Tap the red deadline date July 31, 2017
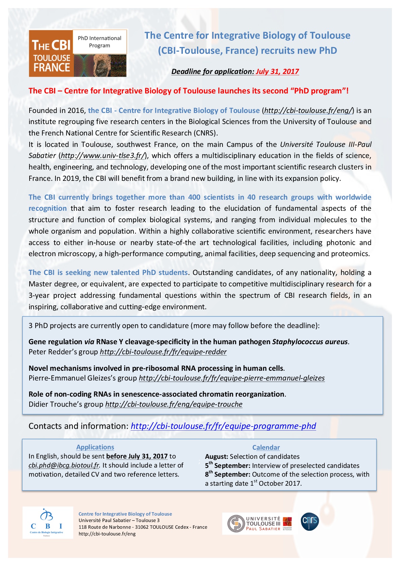point(277,72)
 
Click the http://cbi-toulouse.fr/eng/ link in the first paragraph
point(308,111)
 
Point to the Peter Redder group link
point(163,352)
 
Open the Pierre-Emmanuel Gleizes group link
point(232,378)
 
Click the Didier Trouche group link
point(173,404)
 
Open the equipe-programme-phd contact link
point(223,426)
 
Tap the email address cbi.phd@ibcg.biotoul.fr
point(64,466)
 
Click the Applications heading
point(95,447)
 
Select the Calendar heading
point(266,448)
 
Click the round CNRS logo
point(310,522)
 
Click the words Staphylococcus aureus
point(310,342)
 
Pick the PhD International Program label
point(99,42)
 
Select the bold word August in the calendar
point(216,457)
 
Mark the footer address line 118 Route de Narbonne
point(143,527)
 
